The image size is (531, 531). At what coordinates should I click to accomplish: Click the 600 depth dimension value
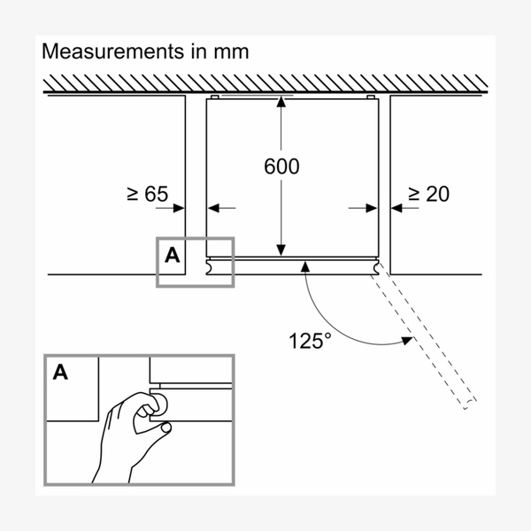tap(282, 166)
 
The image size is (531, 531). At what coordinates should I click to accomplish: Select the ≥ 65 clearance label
tap(147, 193)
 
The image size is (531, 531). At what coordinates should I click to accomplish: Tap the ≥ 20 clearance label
tap(427, 193)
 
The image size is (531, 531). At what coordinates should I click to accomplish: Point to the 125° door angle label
tap(310, 340)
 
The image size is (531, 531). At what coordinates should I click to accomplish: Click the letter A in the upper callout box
tap(173, 256)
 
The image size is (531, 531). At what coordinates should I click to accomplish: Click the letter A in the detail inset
tap(60, 372)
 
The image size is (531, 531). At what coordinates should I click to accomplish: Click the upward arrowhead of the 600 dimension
tap(281, 103)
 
